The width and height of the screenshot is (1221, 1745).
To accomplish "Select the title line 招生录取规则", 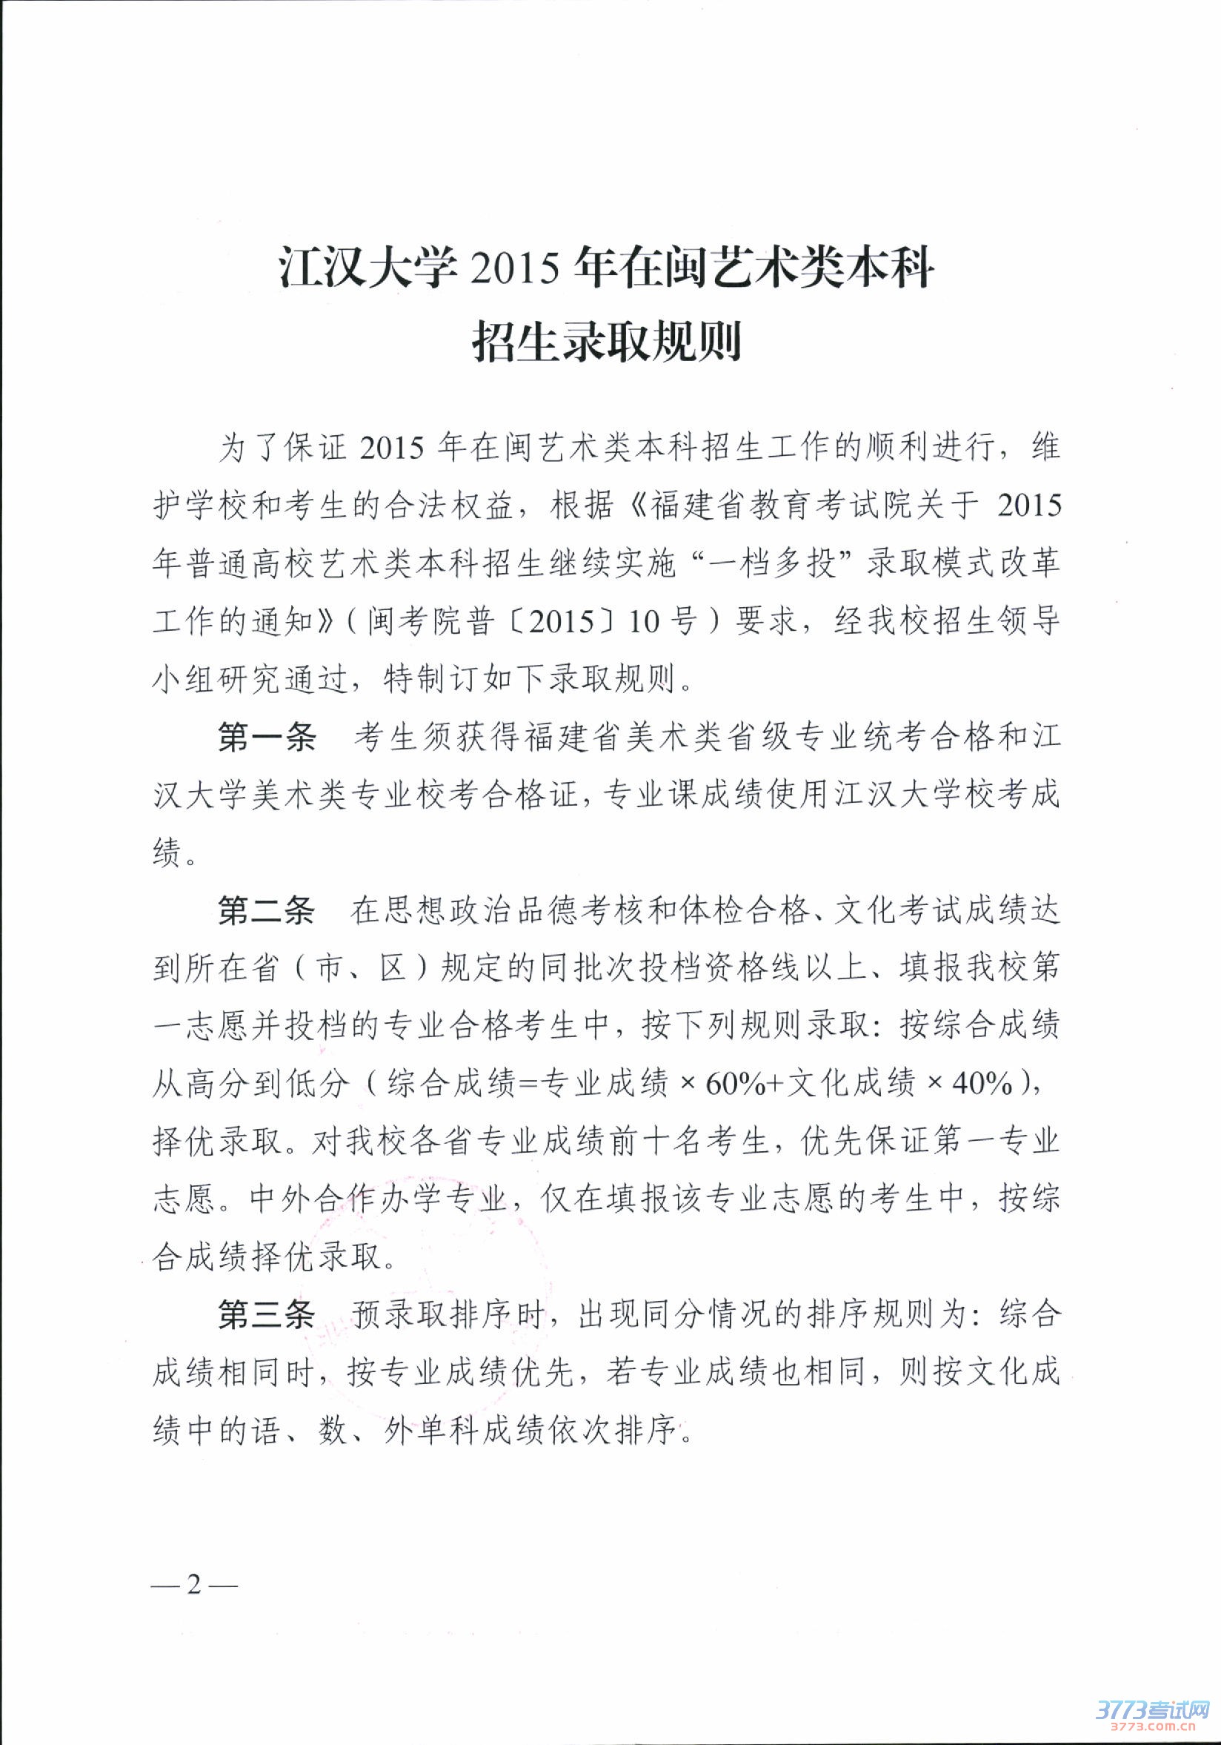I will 608,342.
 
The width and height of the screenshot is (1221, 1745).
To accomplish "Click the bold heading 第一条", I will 265,738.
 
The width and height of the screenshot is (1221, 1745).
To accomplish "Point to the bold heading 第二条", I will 265,911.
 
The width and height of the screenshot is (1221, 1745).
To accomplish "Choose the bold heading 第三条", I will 265,1316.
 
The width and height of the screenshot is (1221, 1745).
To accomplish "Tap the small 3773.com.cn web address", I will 1151,1726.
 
